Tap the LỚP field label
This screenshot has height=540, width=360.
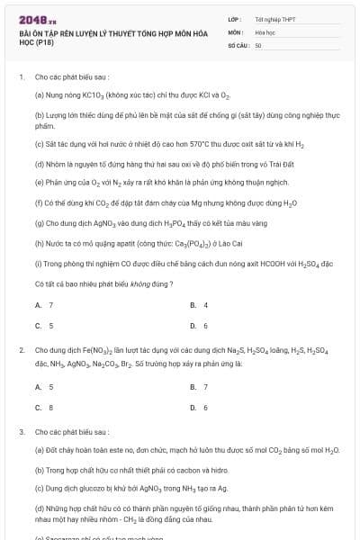[235, 18]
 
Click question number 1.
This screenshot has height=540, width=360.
[22, 77]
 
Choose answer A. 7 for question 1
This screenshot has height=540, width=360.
[44, 305]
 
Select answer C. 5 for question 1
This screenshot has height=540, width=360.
[44, 326]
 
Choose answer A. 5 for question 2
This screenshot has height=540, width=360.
[44, 386]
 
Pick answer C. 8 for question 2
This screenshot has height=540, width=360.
[44, 407]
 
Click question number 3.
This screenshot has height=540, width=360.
[22, 432]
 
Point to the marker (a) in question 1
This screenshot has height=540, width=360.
[40, 94]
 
